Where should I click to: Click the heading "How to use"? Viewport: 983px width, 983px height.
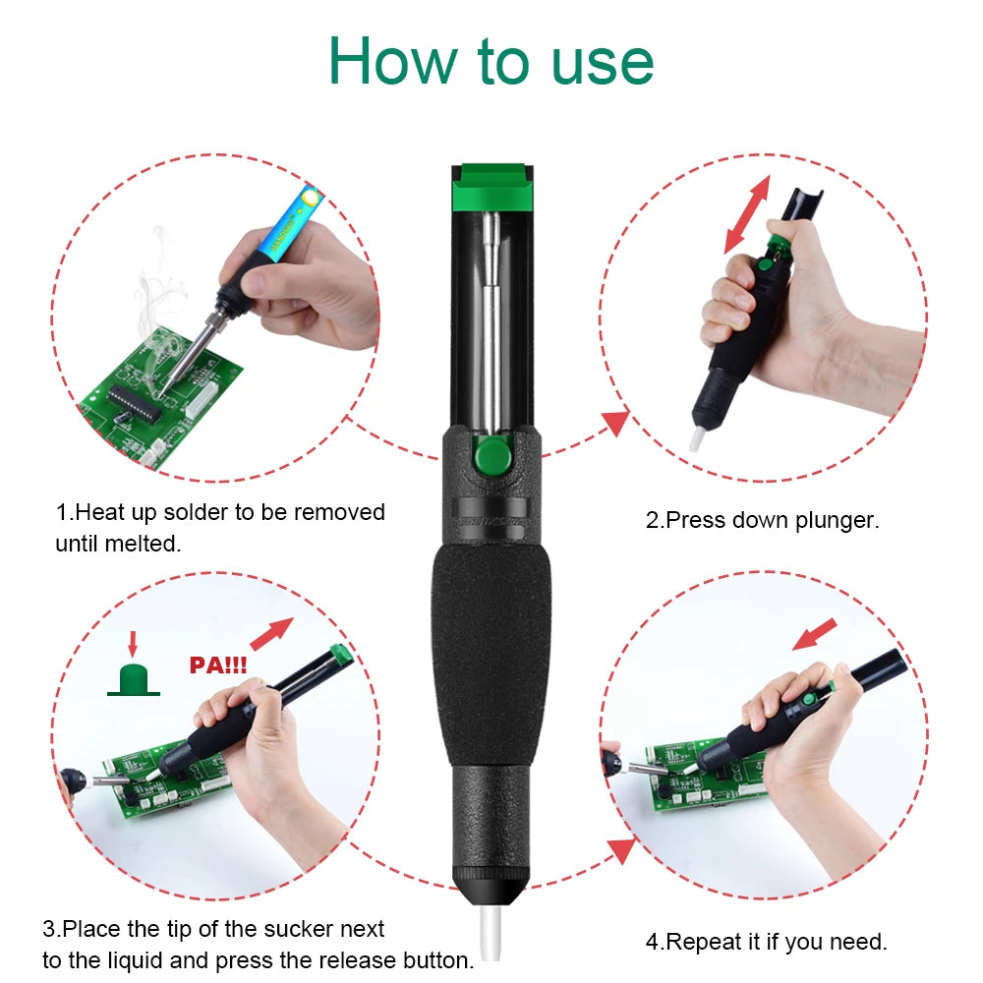(x=491, y=60)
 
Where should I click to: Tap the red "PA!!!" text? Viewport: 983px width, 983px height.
(x=217, y=665)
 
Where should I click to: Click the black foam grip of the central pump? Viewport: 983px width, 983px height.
(x=491, y=649)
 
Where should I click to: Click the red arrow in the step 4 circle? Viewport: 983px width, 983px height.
(x=814, y=634)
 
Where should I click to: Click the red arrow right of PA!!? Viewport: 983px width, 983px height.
(x=272, y=634)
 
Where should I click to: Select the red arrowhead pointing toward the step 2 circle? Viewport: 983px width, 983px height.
(x=615, y=423)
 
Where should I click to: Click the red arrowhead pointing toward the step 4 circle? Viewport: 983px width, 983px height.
(x=619, y=850)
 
